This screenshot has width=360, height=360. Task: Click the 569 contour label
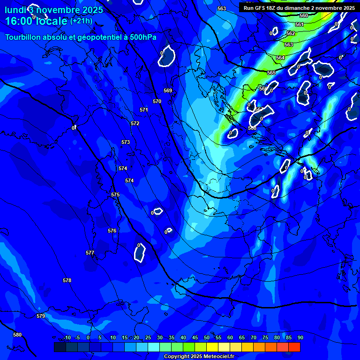point(168,90)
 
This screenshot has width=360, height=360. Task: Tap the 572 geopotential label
point(135,123)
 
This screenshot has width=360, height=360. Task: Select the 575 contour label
point(115,195)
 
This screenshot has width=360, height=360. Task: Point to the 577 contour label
point(90,253)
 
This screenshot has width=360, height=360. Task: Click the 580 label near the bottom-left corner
point(17,335)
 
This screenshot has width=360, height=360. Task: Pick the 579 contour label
point(41,316)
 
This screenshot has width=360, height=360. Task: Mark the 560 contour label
point(304,15)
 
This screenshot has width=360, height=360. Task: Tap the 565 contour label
point(271,73)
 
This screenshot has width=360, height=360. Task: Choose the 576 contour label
point(112,231)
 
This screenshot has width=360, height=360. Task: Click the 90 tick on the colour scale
point(300,337)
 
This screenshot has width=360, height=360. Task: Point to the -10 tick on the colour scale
point(67,337)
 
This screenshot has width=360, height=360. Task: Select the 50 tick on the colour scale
point(207,337)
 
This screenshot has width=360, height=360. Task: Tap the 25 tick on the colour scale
point(148,337)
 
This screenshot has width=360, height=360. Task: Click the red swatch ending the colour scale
point(294,347)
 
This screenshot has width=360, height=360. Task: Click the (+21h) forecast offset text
point(81,21)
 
